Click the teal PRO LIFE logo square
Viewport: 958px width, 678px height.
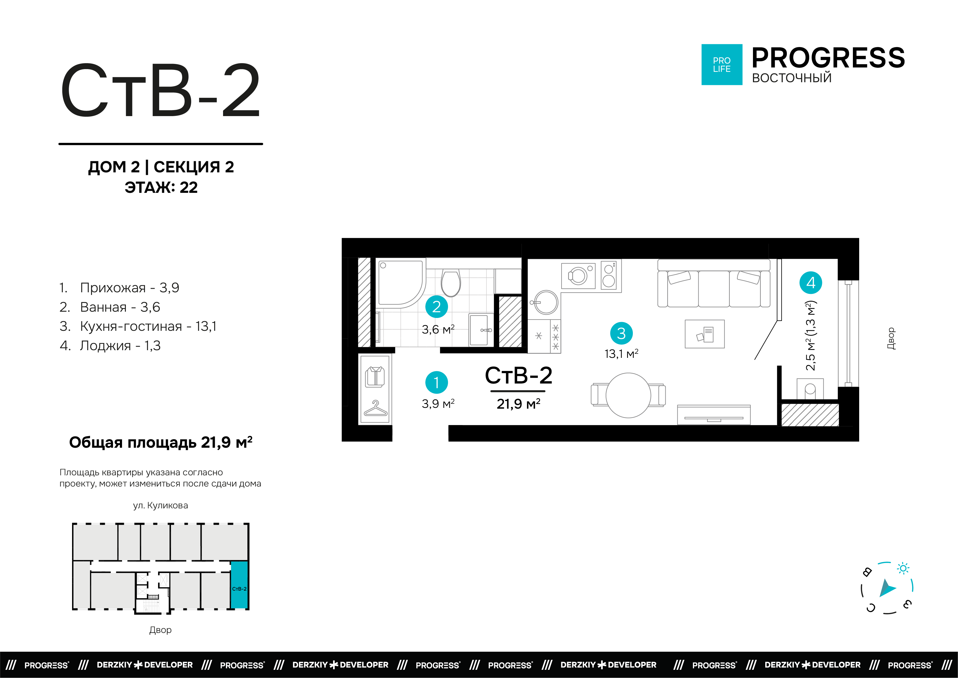(721, 65)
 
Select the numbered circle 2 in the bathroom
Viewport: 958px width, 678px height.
(437, 306)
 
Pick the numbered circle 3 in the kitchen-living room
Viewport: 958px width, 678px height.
(621, 333)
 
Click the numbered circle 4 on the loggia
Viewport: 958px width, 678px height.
(810, 283)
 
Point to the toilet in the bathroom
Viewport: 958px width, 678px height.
(451, 283)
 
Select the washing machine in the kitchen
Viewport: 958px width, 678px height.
(578, 276)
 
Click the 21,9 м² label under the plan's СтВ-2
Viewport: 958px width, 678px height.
(518, 404)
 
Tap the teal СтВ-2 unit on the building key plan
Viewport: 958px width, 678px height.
(239, 585)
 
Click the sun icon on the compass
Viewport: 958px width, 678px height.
(903, 568)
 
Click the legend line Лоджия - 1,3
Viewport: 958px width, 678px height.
(110, 346)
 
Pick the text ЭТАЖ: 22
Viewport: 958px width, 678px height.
(161, 187)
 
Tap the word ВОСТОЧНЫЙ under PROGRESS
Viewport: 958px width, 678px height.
(791, 78)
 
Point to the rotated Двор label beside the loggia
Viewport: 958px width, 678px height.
(891, 338)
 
